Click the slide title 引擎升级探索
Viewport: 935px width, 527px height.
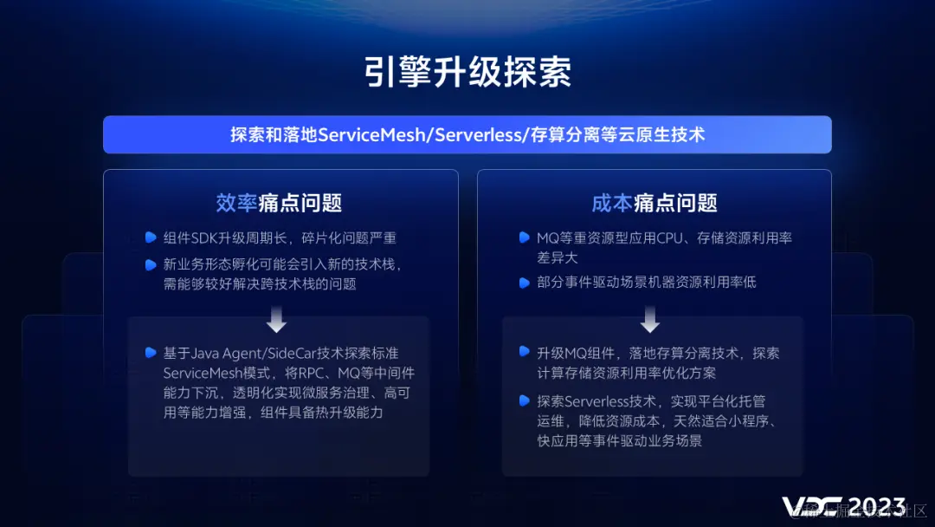[467, 73]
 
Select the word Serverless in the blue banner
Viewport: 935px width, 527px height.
[477, 135]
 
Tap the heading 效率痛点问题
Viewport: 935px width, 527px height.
[279, 203]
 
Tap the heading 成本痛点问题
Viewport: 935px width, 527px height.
[654, 203]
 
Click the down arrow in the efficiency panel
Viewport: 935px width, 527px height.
[276, 322]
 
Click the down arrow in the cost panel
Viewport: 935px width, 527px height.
[650, 322]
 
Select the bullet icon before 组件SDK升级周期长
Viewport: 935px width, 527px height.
[151, 237]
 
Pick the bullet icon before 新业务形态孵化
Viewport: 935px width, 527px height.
[151, 263]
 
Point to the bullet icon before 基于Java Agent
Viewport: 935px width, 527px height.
[151, 353]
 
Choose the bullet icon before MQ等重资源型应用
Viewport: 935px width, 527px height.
[525, 237]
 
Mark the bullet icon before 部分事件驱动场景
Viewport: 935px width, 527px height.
[525, 283]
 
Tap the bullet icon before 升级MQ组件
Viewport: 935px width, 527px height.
[525, 352]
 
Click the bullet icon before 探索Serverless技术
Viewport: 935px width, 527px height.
[525, 400]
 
